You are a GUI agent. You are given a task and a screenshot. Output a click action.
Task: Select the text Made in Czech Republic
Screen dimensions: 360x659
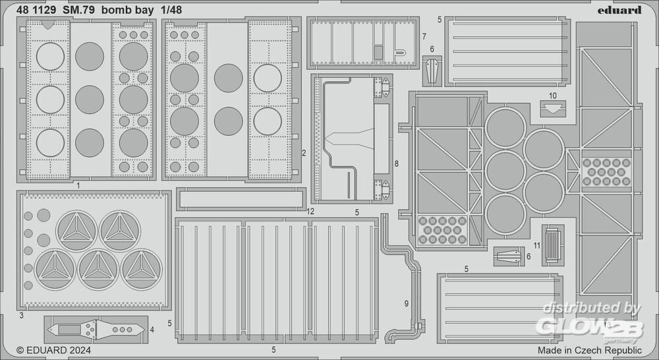pos(589,350)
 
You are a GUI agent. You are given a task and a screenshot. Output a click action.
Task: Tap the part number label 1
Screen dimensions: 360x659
pos(78,186)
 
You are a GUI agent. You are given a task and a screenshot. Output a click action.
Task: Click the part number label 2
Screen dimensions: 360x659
pos(303,153)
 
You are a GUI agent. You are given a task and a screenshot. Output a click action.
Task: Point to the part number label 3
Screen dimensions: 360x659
pos(21,316)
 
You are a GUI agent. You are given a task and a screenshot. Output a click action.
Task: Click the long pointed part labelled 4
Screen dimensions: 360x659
pos(96,328)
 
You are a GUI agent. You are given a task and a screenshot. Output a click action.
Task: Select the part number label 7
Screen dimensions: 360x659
pos(424,36)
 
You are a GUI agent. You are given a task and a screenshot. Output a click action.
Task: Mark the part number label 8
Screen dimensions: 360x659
pos(396,163)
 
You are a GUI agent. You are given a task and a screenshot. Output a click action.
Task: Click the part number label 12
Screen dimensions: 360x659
pos(310,211)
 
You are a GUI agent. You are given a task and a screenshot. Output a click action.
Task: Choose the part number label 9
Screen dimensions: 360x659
pos(407,303)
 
